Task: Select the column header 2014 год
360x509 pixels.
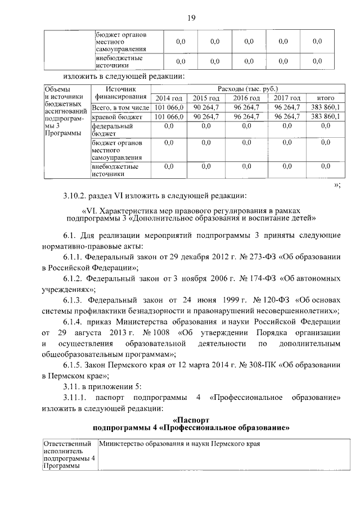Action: pos(169,98)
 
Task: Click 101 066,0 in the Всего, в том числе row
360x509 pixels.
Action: pos(169,107)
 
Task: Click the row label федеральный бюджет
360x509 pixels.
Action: pos(112,130)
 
